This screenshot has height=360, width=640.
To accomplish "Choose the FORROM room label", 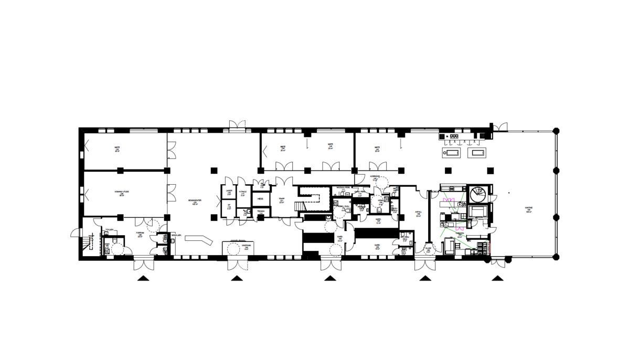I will (x=140, y=235).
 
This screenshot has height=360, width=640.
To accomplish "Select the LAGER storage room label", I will (x=229, y=192).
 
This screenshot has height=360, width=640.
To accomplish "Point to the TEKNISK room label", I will (x=261, y=212).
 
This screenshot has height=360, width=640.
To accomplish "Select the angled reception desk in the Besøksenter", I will (x=198, y=239).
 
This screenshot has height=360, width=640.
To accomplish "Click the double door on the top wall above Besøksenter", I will (x=236, y=124).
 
